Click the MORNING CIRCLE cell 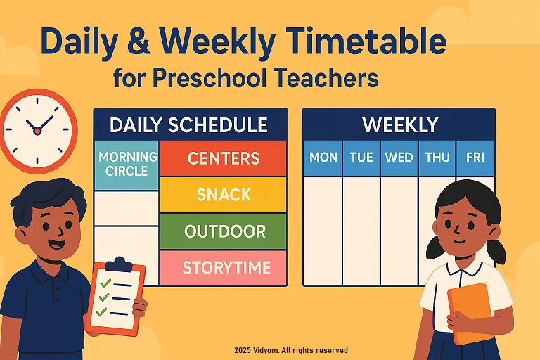(x=127, y=164)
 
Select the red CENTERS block (x=223, y=158)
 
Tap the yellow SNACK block (x=223, y=194)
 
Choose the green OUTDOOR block (x=223, y=231)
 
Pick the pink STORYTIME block (x=223, y=268)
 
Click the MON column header (x=323, y=157)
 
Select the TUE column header (x=361, y=157)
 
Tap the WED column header (x=399, y=157)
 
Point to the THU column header (x=437, y=157)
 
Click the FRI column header (x=475, y=157)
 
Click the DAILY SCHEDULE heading (x=189, y=125)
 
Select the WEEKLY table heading (x=399, y=125)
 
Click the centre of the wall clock (x=37, y=129)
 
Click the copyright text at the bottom (x=291, y=350)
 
